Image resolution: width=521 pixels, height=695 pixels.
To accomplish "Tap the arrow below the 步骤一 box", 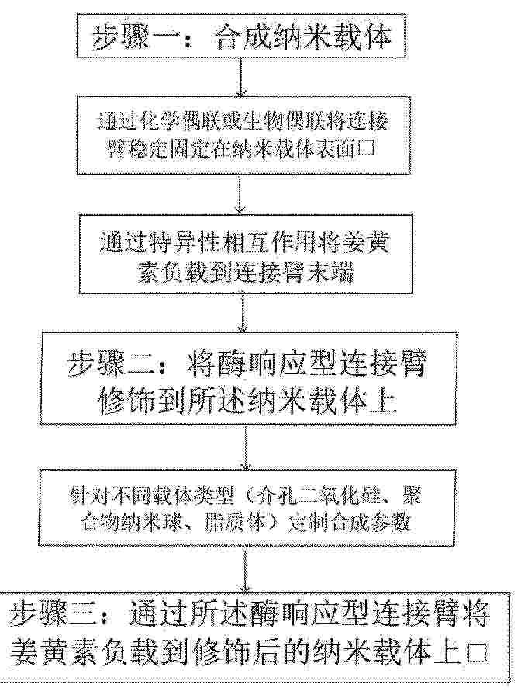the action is click(x=240, y=77).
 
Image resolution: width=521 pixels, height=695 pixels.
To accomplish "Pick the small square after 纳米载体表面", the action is click(x=367, y=150).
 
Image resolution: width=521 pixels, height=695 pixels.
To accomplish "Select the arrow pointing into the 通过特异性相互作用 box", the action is click(x=240, y=193).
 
